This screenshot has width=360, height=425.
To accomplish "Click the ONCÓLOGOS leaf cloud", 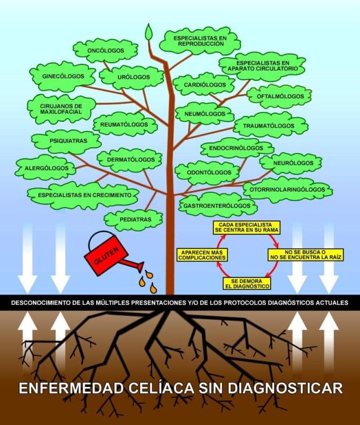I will pyautogui.click(x=106, y=52).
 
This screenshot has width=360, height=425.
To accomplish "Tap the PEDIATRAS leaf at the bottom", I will pyautogui.click(x=133, y=219).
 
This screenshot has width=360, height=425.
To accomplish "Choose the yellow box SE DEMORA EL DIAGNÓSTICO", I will pyautogui.click(x=246, y=283).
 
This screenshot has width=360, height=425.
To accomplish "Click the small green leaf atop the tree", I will pyautogui.click(x=149, y=32).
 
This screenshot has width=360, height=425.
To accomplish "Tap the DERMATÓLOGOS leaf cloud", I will pyautogui.click(x=130, y=158).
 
